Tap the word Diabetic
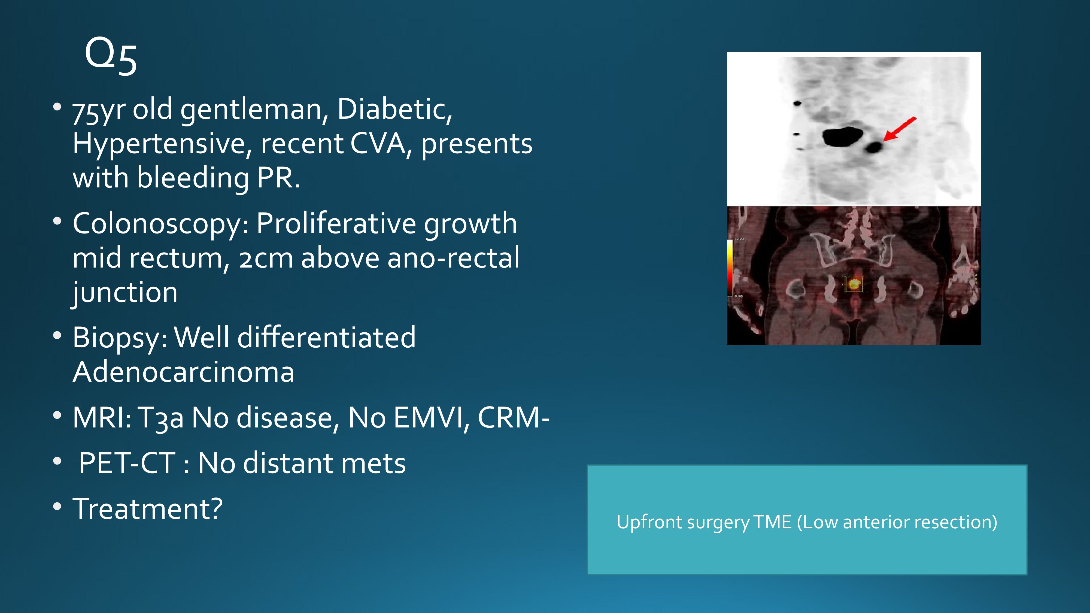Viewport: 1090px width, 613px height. [x=394, y=109]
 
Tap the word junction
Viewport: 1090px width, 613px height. [x=125, y=293]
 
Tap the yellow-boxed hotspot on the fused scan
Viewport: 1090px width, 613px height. [x=854, y=284]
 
